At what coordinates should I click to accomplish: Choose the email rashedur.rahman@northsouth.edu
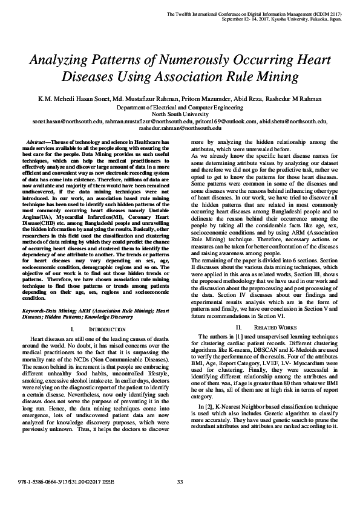180,128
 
